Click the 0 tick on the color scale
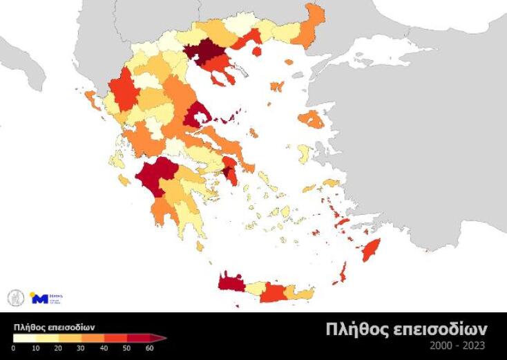click(13, 348)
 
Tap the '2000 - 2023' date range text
click(457, 345)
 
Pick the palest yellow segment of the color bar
click(26, 338)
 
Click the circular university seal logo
click(15, 298)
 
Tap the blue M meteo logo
click(40, 299)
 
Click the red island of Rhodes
click(371, 249)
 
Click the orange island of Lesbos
click(312, 120)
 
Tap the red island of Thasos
click(257, 50)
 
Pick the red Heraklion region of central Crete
click(273, 293)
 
